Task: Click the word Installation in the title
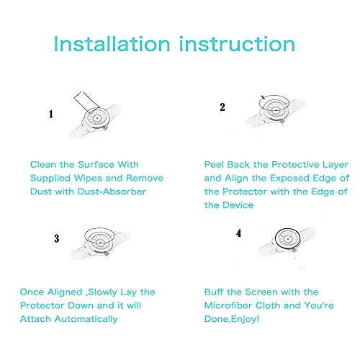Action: point(112,44)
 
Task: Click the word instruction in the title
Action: point(237,44)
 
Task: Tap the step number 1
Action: point(51,114)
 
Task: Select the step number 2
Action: point(222,107)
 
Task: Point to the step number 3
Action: point(57,238)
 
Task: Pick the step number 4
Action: point(238,233)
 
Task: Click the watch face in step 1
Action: point(97,118)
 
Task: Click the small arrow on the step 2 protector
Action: point(263,97)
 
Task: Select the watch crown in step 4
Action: point(294,251)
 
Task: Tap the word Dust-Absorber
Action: point(112,192)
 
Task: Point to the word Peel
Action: point(215,165)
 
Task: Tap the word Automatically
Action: point(86,319)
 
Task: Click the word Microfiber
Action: point(228,305)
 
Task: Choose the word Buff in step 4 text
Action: point(214,292)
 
